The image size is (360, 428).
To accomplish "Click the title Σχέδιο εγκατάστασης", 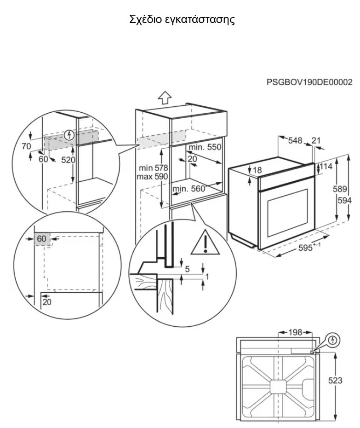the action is coord(182,20).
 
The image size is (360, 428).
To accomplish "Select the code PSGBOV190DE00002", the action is coord(309,82).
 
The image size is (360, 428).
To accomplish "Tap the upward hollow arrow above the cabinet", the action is coord(165,98).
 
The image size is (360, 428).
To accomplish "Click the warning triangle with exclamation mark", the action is coord(205,242).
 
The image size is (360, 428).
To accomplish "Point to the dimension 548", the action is coord(295,140).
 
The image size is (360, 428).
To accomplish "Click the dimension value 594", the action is coord(344,200).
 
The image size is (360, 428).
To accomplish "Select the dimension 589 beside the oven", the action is coord(340,189).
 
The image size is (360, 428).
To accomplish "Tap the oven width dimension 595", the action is coord(305,248).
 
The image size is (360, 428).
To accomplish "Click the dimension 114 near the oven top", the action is coord(326,166).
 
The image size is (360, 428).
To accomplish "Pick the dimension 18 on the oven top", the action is coord(257,170).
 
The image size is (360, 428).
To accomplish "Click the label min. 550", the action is coord(205,147).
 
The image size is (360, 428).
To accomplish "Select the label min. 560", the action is coord(189,189).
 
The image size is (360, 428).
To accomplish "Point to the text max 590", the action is coord(152,177).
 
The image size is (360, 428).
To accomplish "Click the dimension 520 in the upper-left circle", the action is coord(68,160).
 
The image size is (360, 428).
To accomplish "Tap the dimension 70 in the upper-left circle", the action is coord(26,146).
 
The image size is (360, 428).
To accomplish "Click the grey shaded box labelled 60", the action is coord(42,239).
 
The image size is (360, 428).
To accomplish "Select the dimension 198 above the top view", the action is coord(295,332).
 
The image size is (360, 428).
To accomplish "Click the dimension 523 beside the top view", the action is coord(335,380).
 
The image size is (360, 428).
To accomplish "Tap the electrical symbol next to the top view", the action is coord(332,340).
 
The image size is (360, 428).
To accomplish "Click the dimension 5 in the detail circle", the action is coord(187,269).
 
